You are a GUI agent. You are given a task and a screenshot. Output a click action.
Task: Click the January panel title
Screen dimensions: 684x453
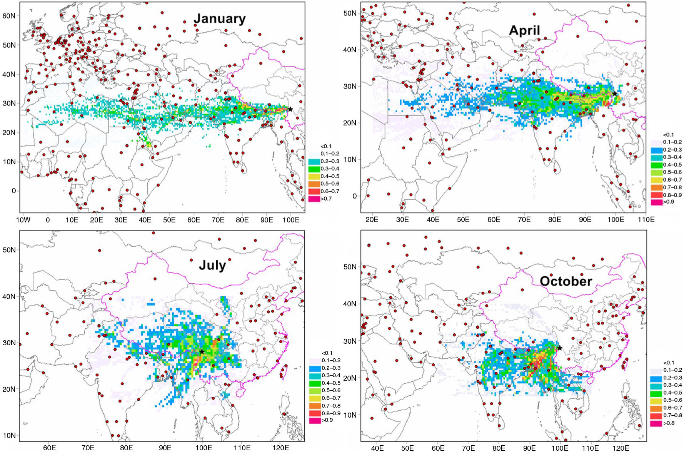coord(219,18)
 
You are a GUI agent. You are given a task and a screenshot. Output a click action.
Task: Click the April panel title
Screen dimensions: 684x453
coord(524,30)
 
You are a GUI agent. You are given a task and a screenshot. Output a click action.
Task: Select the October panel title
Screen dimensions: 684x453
coord(566,281)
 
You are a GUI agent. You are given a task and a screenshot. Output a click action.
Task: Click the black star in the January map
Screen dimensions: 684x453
coord(290,109)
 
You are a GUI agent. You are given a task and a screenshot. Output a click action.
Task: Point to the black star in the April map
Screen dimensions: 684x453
coord(615,94)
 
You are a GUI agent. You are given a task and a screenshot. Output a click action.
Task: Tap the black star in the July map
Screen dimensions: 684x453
coord(202,351)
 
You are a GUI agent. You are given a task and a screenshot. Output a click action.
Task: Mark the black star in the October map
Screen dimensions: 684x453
coord(559,348)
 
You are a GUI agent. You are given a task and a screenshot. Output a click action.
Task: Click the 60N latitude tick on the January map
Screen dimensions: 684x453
coord(9,16)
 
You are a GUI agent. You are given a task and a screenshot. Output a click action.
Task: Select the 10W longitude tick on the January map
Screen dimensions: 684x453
coord(23,220)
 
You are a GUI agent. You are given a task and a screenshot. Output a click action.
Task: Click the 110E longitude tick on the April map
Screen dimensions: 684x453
coord(646,219)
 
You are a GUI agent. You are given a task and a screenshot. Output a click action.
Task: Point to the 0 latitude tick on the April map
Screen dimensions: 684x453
coord(354,196)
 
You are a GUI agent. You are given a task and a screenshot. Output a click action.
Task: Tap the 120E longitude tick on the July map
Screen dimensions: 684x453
coord(280,448)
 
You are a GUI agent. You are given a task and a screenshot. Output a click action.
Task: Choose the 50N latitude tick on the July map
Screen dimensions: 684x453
coord(9,250)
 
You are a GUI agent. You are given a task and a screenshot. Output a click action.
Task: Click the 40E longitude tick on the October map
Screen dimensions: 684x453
coord(377,448)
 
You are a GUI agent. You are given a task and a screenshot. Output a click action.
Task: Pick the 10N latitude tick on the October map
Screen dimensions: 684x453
coord(350,415)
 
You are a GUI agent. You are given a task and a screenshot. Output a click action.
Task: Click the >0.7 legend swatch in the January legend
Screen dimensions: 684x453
coord(314,199)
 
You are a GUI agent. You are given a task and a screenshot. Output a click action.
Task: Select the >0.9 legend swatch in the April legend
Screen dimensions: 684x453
coord(657,202)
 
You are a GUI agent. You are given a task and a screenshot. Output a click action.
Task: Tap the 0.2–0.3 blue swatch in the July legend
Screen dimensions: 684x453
coord(315,368)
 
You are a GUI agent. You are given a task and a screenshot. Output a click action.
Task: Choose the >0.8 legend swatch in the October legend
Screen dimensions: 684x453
coord(656,423)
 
